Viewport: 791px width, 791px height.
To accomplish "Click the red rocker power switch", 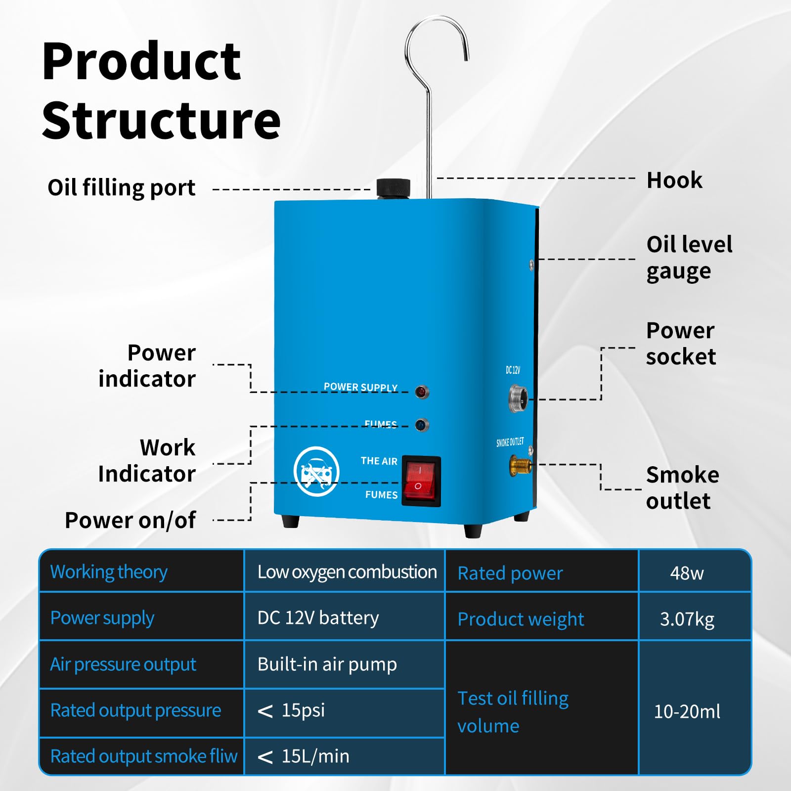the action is [421, 481].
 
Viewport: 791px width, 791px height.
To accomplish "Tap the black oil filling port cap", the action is [394, 188].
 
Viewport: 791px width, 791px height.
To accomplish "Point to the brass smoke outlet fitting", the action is [521, 465].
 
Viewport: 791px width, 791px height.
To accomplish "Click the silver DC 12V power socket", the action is [518, 398].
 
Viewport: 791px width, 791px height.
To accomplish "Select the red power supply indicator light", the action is [422, 392].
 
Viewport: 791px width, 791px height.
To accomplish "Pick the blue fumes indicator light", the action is [422, 425].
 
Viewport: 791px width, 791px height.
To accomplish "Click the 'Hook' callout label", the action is [674, 180].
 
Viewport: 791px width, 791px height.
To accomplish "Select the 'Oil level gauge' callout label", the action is [689, 258].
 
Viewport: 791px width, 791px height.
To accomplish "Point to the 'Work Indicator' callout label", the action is [147, 461].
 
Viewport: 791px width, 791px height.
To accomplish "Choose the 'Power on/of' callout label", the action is [131, 520].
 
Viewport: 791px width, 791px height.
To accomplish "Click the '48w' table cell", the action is [687, 573].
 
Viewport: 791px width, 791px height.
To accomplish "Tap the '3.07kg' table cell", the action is [687, 619].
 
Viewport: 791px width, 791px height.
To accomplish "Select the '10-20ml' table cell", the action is [687, 711].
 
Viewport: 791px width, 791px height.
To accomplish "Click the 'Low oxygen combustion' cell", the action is [347, 572].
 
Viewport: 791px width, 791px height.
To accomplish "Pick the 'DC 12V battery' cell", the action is [318, 618].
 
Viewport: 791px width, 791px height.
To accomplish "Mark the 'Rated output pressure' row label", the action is [135, 710].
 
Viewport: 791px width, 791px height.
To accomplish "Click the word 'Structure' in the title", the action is [161, 121].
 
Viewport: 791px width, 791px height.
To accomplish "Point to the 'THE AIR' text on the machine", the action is [379, 461].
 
